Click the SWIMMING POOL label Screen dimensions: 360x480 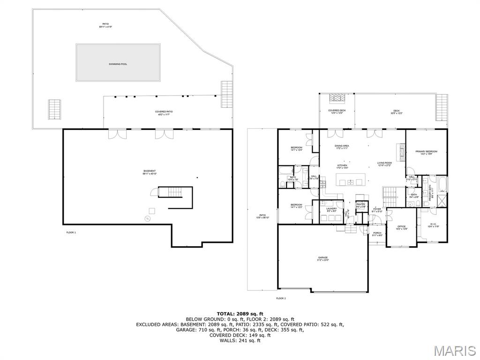click(118, 64)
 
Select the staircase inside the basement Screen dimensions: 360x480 click(174, 192)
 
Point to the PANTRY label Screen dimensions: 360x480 click(360, 205)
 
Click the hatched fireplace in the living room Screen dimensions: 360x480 click(401, 152)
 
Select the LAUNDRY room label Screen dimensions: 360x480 click(332, 210)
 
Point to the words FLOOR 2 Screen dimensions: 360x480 click(281, 298)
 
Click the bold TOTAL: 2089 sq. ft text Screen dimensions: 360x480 click(240, 313)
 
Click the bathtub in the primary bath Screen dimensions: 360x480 click(443, 184)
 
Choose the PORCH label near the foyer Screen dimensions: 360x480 click(377, 233)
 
